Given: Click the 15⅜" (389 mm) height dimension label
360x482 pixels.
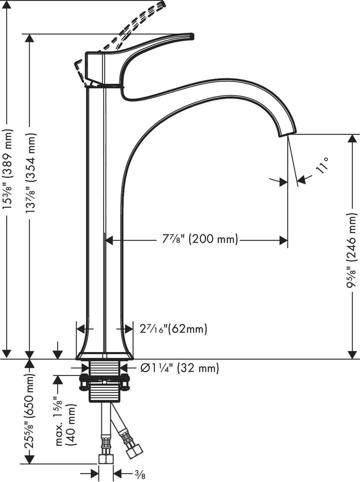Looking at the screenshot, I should [x=7, y=169].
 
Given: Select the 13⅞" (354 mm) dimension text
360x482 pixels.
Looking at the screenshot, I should [x=32, y=173].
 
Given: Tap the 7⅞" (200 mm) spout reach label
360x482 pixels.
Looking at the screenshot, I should [x=200, y=239].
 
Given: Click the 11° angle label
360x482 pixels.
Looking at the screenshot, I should [x=322, y=164].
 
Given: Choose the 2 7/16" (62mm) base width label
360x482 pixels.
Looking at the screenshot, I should [x=173, y=329].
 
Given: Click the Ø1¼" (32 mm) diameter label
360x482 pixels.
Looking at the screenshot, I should [x=180, y=368].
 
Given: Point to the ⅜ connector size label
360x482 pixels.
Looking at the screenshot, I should [x=139, y=473].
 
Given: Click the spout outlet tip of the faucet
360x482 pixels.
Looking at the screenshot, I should [x=287, y=134].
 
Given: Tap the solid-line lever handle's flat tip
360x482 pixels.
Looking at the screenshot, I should [x=191, y=37].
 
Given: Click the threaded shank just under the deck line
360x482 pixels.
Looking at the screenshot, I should [x=105, y=368].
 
